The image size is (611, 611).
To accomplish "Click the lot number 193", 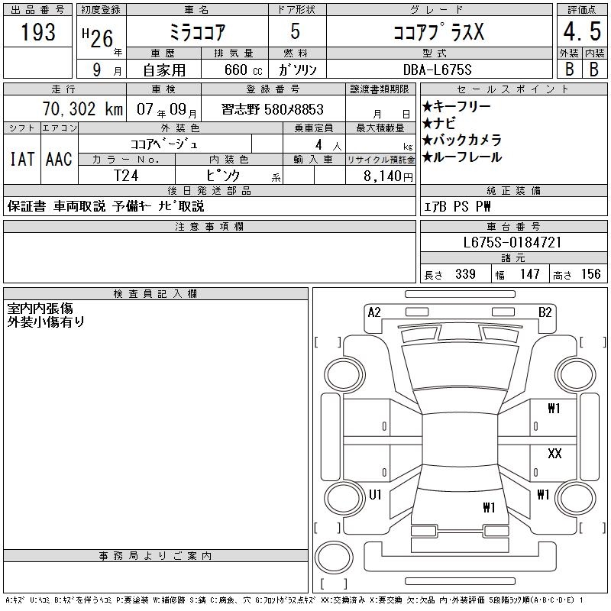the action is pyautogui.click(x=37, y=31).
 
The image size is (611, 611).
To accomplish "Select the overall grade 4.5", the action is pyautogui.click(x=582, y=31).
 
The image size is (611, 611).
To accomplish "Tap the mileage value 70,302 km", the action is pyautogui.click(x=82, y=108).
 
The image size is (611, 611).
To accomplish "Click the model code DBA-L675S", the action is pyautogui.click(x=437, y=70).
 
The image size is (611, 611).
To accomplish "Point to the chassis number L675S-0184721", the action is pyautogui.click(x=512, y=242).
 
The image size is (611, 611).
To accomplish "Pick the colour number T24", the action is pyautogui.click(x=126, y=176).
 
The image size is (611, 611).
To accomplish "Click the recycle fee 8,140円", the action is pyautogui.click(x=388, y=176).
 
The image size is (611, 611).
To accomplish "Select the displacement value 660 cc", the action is pyautogui.click(x=243, y=70).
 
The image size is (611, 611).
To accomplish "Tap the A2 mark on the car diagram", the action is pyautogui.click(x=374, y=312).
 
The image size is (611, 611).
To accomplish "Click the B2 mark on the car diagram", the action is pyautogui.click(x=545, y=312).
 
